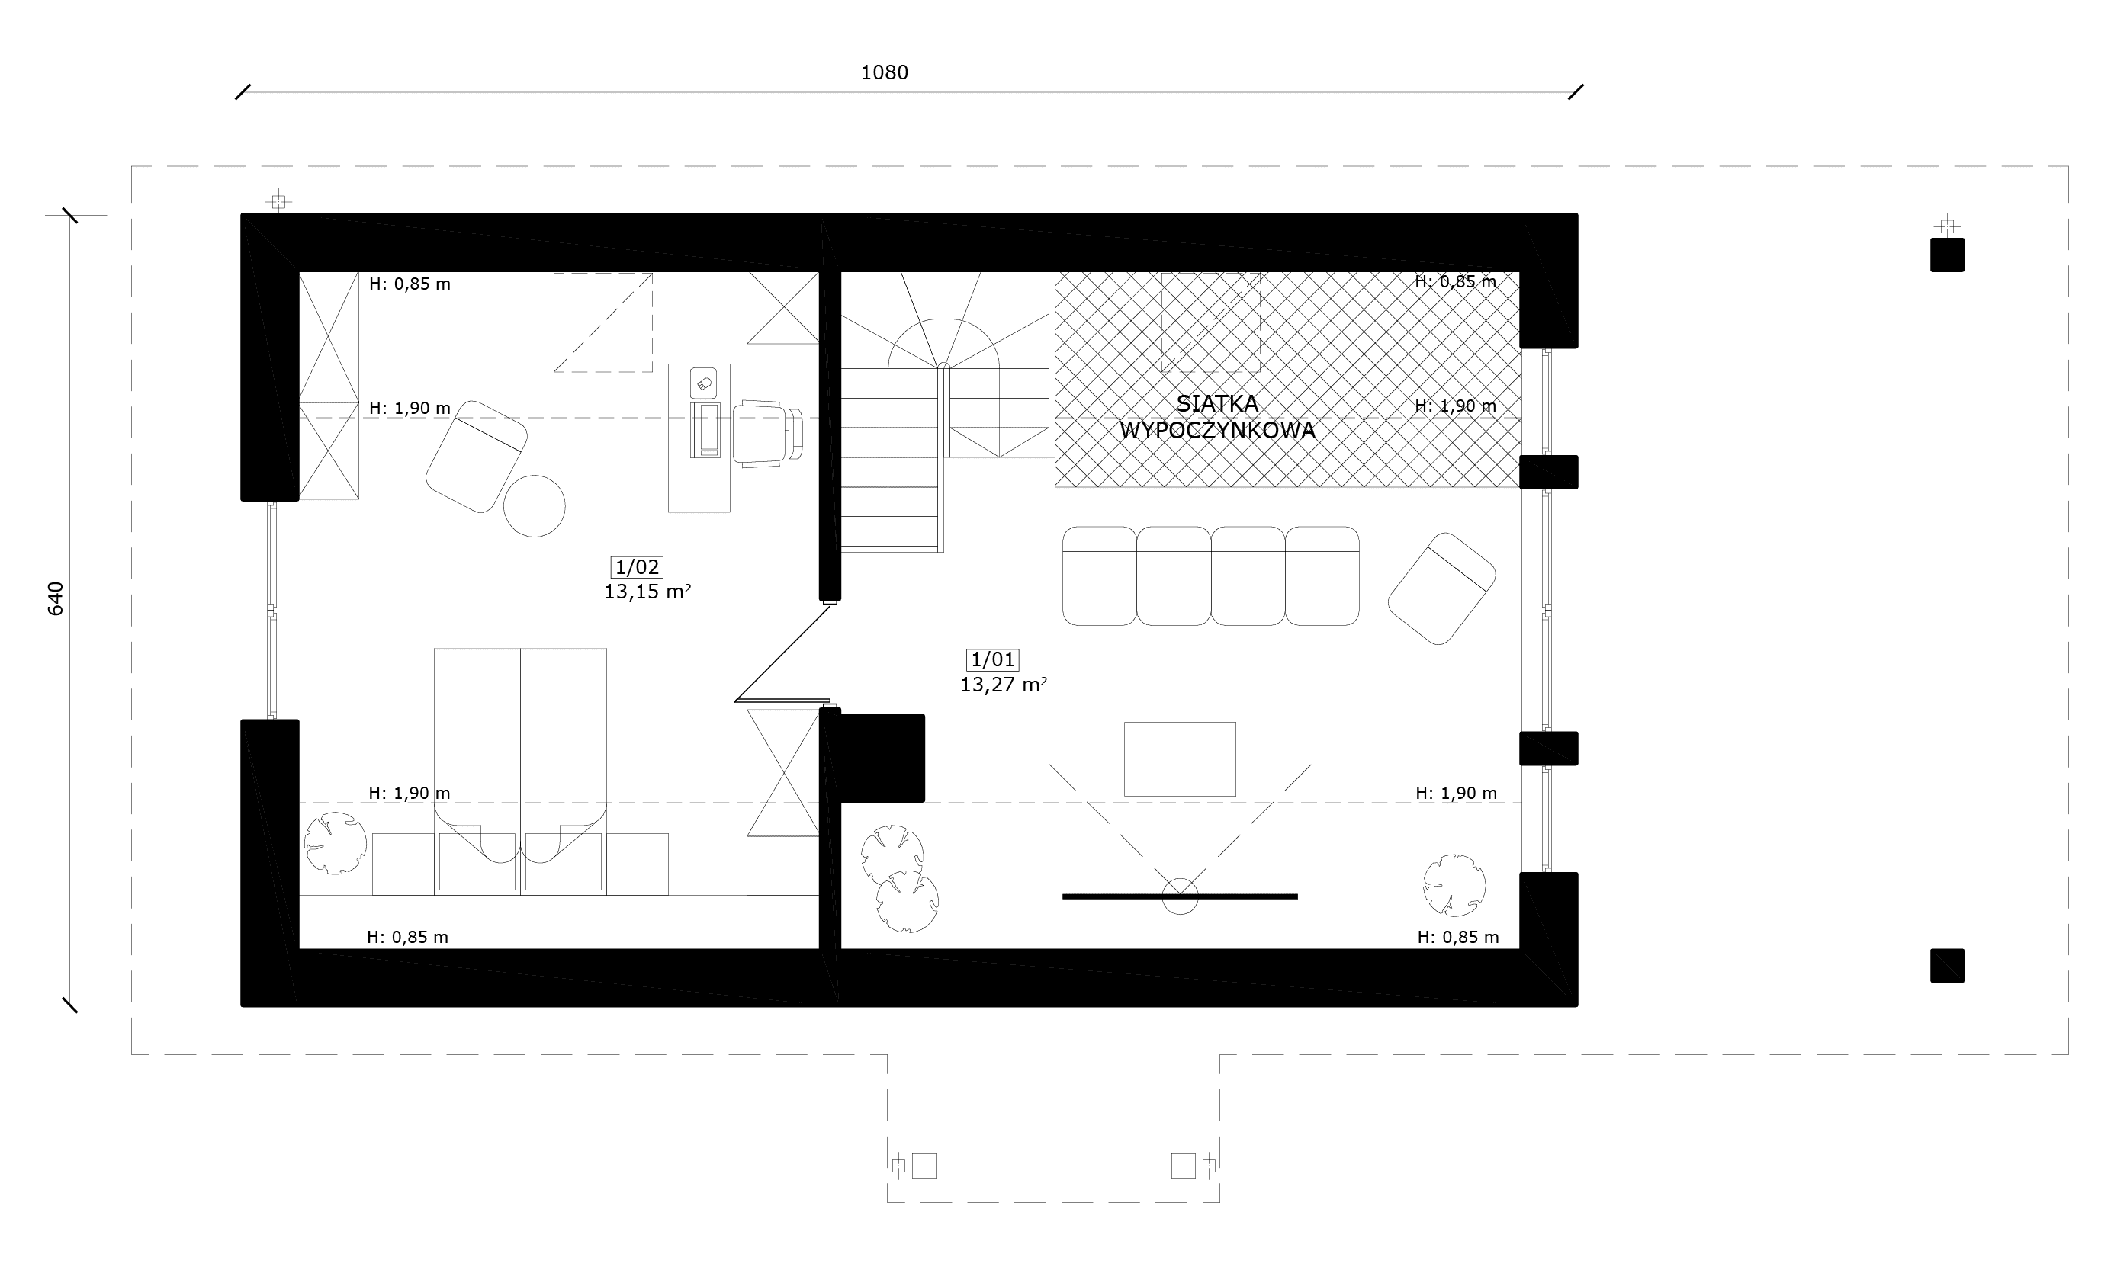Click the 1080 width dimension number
pos(884,72)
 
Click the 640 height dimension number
pos(56,598)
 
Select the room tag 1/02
pos(638,566)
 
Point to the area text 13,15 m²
pos(648,592)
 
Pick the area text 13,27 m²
pos(1004,685)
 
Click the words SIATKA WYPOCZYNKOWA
pos(1217,418)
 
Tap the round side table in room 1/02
pos(534,505)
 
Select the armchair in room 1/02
pos(477,456)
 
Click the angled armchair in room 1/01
pos(1441,588)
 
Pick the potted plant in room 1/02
pos(336,843)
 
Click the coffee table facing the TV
pos(1179,759)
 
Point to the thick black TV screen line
pos(1179,896)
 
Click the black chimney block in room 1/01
pos(882,758)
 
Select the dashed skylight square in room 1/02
pos(602,322)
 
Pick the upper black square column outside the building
pos(1947,255)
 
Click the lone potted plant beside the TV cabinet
pos(1454,885)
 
